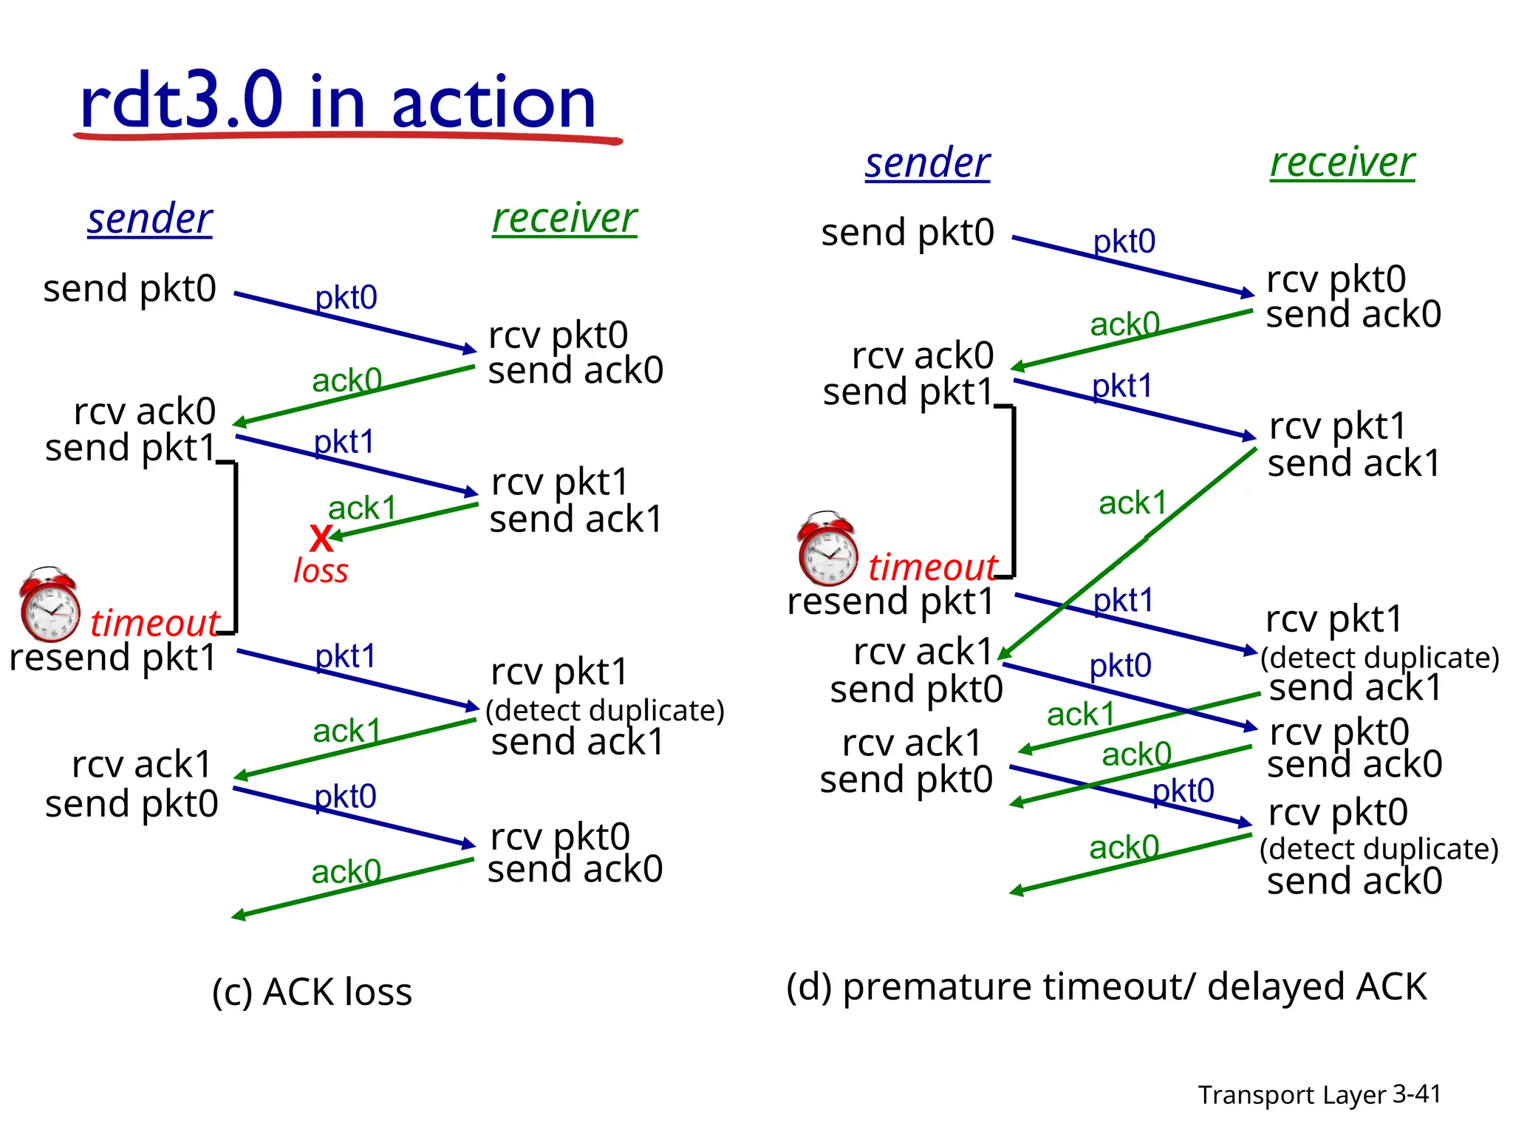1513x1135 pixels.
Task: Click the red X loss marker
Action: point(321,539)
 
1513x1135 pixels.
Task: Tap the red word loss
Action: point(321,571)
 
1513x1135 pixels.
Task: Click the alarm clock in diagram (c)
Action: point(49,604)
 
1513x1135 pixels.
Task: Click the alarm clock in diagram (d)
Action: point(827,548)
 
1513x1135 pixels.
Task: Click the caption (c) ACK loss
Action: point(312,992)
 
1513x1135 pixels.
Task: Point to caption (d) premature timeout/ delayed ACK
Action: point(1106,986)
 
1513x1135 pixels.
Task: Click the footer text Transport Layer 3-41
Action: point(1319,1094)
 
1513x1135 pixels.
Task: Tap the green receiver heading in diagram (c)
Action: point(564,219)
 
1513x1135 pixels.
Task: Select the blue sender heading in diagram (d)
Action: point(927,163)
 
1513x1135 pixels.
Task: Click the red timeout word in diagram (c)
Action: point(154,623)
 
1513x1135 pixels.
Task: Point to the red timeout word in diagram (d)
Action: point(932,567)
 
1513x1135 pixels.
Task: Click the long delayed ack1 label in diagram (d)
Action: point(1133,503)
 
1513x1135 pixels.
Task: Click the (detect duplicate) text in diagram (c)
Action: point(605,710)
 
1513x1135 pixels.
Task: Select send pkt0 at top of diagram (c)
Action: point(130,288)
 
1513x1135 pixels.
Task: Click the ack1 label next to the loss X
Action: point(362,508)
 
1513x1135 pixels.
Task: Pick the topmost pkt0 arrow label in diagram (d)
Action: point(1124,242)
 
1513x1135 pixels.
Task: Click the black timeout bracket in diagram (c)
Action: point(235,547)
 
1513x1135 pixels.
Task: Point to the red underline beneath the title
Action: point(347,136)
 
